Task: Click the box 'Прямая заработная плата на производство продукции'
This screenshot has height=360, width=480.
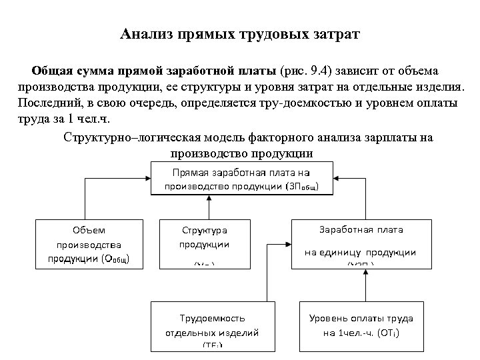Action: click(241, 179)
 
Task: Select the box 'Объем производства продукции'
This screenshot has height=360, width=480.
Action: click(89, 244)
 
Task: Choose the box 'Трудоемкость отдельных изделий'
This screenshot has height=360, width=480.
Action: click(211, 325)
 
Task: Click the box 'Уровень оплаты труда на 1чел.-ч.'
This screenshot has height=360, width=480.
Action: click(361, 325)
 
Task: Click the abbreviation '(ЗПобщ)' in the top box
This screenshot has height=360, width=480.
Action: click(306, 186)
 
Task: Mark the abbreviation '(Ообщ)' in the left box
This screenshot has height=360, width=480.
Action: click(120, 259)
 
